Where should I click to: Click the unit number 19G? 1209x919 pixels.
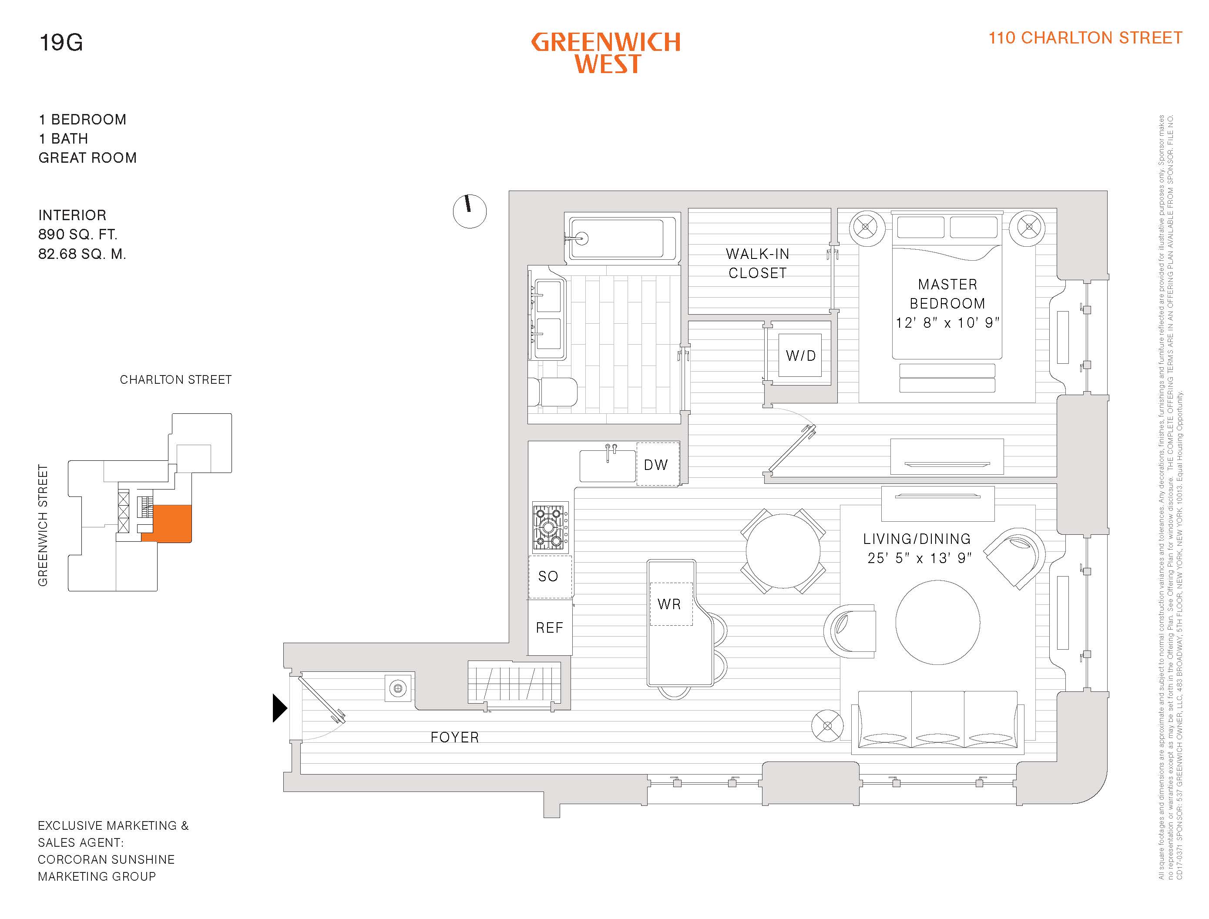coord(61,42)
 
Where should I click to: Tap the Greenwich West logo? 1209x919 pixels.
coord(606,53)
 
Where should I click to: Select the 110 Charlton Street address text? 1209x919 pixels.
coord(1085,38)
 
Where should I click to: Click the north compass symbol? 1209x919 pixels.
coord(470,211)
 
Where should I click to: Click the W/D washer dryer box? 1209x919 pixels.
coord(800,356)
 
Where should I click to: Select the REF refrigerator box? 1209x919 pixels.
coord(549,627)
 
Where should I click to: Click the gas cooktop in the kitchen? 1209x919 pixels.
coord(549,527)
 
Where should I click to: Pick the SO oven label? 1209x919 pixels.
coord(548,576)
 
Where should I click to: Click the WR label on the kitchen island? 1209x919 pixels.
coord(670,604)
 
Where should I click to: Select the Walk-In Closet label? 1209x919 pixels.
coord(758,263)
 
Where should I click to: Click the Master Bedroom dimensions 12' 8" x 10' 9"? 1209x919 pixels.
coord(947,323)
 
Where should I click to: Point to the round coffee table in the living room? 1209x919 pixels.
coord(938,623)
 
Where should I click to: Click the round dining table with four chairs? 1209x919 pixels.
coord(783,551)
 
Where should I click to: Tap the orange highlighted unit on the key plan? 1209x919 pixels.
coord(172,523)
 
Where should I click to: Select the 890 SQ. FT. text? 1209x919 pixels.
coord(77,235)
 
